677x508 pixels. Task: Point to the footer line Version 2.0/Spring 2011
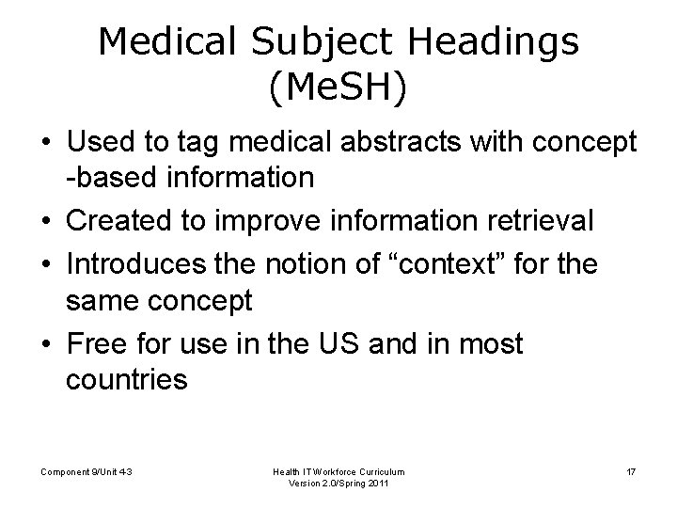(340, 484)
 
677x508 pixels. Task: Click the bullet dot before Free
(46, 345)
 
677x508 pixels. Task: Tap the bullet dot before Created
(46, 222)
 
